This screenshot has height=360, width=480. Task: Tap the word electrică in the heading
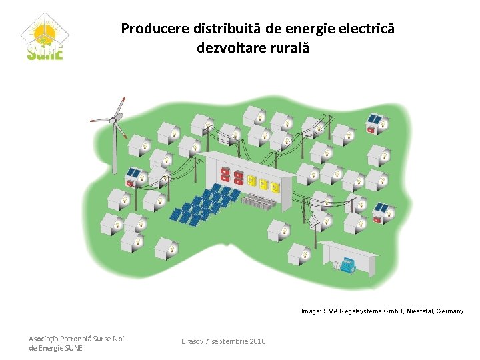point(369,29)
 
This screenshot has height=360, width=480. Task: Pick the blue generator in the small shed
point(347,266)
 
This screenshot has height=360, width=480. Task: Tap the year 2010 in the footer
point(257,341)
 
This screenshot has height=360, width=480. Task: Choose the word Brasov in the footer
point(193,341)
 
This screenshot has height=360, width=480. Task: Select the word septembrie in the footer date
point(229,341)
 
